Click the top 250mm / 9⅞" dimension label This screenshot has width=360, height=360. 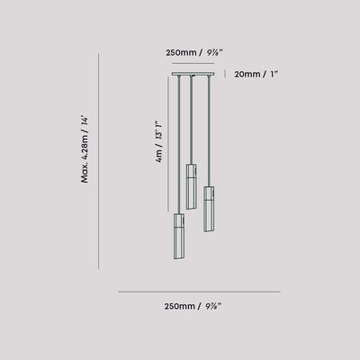[x=194, y=53]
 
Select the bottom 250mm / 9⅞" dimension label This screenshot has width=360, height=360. [x=193, y=306]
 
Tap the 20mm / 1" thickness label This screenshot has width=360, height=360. [x=256, y=74]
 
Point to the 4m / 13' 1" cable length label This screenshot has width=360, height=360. [x=159, y=141]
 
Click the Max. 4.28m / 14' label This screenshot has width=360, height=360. [x=85, y=149]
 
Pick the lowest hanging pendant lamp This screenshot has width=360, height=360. [x=179, y=236]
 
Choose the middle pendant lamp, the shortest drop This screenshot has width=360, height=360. [x=191, y=186]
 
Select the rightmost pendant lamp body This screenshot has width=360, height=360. [x=209, y=209]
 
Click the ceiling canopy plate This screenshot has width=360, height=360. [x=193, y=74]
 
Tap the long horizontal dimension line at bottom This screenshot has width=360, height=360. [x=199, y=292]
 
